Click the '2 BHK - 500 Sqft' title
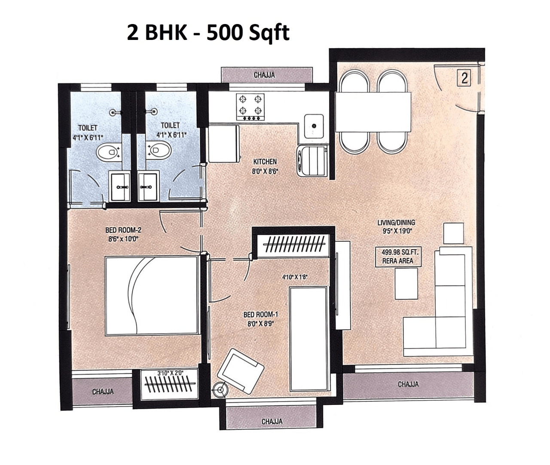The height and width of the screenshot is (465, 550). click(208, 33)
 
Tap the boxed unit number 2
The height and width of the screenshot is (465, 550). click(464, 79)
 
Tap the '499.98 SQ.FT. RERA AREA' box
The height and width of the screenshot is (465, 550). click(397, 257)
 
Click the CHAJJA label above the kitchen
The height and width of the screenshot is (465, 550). click(264, 75)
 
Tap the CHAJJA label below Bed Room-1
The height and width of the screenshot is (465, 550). click(272, 421)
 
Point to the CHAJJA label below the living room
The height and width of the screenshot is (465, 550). click(408, 384)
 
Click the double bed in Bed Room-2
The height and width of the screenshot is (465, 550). click(152, 295)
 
